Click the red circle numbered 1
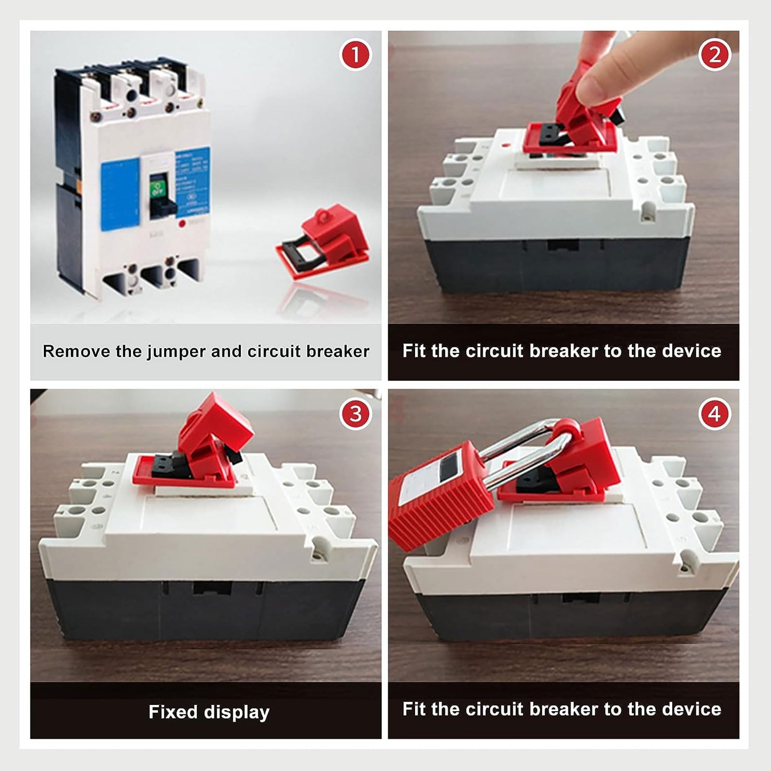[355, 54]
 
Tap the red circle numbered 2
[714, 54]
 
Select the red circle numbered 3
[355, 413]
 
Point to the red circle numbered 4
[714, 413]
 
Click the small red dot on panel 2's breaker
[504, 144]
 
